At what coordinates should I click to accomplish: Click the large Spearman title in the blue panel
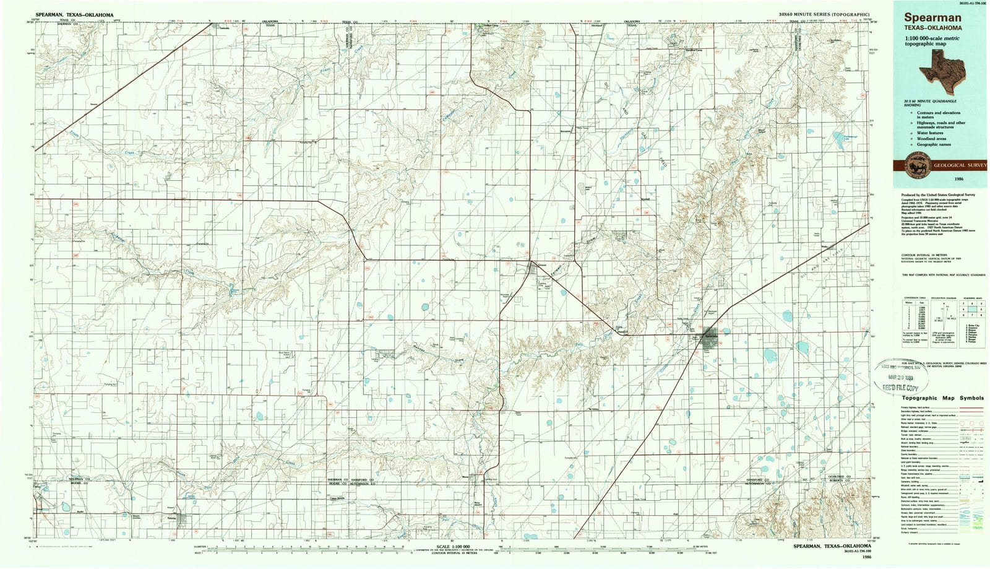(x=926, y=19)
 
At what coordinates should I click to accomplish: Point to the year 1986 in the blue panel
(x=941, y=179)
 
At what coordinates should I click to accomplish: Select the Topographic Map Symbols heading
(x=942, y=398)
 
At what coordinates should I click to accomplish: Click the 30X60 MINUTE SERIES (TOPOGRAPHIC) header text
(x=825, y=13)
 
